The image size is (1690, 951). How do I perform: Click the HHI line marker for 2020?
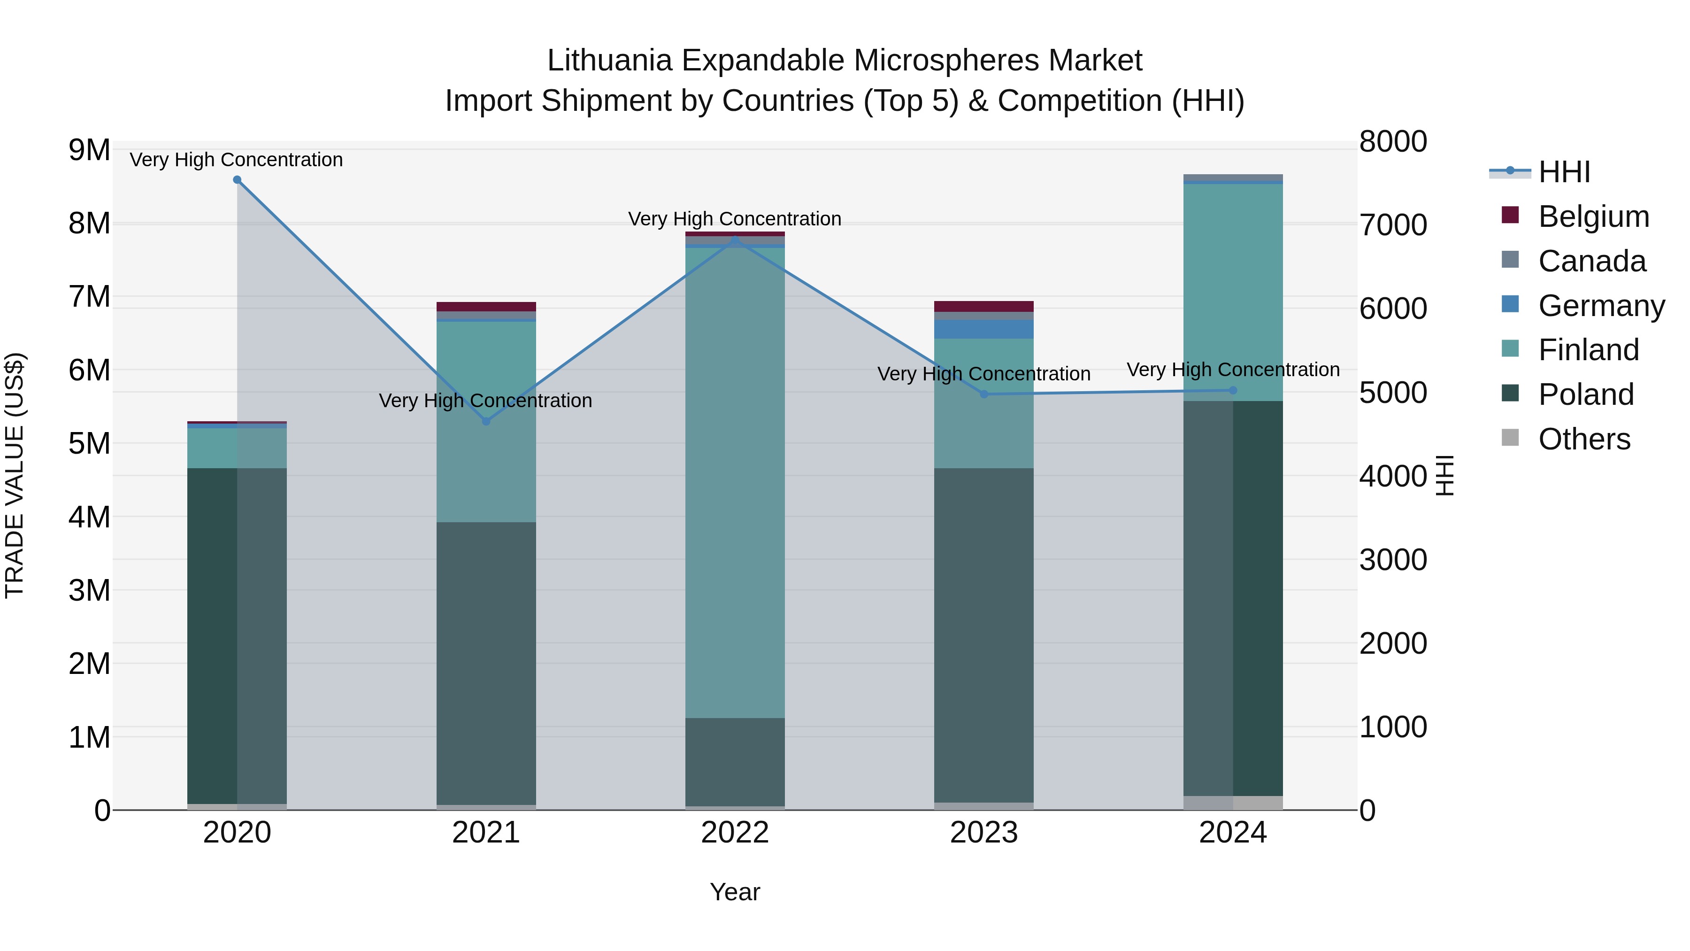pos(237,180)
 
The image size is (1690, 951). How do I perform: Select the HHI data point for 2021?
pos(486,421)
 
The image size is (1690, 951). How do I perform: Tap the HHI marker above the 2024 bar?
pos(1233,391)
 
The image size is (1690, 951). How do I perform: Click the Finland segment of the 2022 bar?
pos(735,482)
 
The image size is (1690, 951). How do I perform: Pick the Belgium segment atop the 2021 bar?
pos(486,307)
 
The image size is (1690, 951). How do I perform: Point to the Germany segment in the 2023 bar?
pos(983,330)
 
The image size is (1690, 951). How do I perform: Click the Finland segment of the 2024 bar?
pos(1233,292)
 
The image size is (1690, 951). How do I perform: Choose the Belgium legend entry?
pos(1593,216)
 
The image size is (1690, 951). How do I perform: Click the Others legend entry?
pos(1584,439)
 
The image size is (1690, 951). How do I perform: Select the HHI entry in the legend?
pos(1564,172)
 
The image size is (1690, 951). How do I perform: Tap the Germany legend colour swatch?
pos(1510,304)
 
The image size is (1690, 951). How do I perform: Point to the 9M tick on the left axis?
pos(89,150)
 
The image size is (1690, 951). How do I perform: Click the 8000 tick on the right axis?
pos(1393,142)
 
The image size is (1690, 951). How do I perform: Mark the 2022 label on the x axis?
pos(735,833)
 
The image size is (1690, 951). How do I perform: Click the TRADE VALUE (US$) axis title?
pos(15,475)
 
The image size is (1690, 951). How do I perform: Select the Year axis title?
pos(735,892)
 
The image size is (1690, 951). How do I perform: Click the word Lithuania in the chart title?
pos(609,61)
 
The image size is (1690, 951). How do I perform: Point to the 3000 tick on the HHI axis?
pos(1393,560)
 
